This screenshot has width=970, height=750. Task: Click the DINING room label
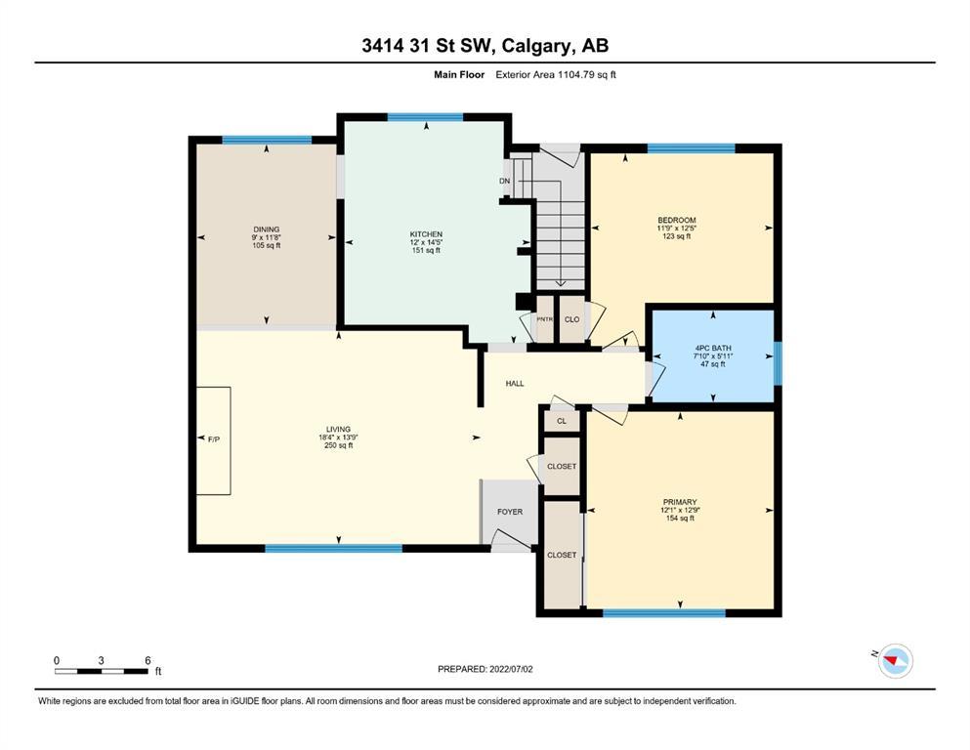pyautogui.click(x=266, y=229)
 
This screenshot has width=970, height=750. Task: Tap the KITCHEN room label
pyautogui.click(x=426, y=234)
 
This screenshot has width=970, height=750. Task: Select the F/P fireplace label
pyautogui.click(x=213, y=439)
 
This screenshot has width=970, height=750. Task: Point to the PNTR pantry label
pyautogui.click(x=544, y=319)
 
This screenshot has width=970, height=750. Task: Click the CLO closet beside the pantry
pyautogui.click(x=572, y=319)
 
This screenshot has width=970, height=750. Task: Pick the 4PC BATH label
pyautogui.click(x=713, y=348)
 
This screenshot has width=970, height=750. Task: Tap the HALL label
pyautogui.click(x=515, y=384)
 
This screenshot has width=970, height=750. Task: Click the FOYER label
pyautogui.click(x=510, y=512)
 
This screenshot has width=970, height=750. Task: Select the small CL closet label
pyautogui.click(x=562, y=421)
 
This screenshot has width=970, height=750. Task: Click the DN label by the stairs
pyautogui.click(x=505, y=182)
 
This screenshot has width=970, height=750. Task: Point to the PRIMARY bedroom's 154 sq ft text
pyautogui.click(x=680, y=519)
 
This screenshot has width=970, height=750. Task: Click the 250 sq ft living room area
pyautogui.click(x=338, y=445)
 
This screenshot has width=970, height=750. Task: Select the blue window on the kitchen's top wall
pyautogui.click(x=425, y=117)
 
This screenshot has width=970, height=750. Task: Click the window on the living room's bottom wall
pyautogui.click(x=333, y=549)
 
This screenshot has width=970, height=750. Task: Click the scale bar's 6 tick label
pyautogui.click(x=148, y=660)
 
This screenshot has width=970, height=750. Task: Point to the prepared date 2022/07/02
pyautogui.click(x=511, y=669)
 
